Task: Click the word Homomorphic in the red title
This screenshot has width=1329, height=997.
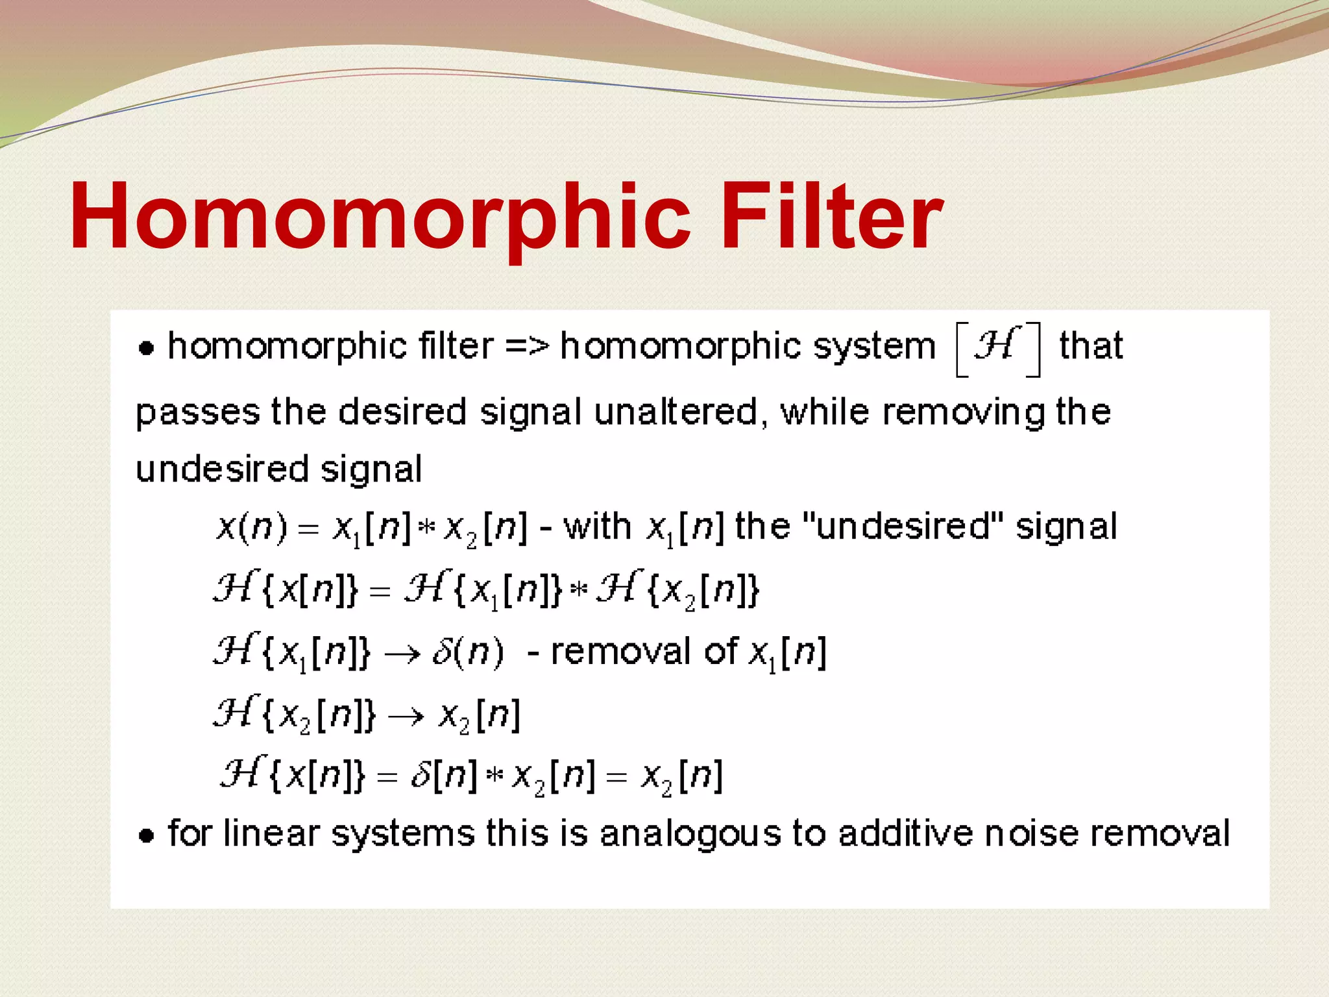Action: click(380, 217)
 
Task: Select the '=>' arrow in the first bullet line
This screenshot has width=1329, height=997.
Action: click(526, 345)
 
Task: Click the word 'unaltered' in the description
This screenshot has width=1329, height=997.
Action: click(676, 413)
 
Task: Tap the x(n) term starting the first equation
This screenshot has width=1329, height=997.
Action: click(251, 527)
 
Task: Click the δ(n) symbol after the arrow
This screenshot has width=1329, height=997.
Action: click(467, 652)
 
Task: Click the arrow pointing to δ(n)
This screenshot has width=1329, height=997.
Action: click(402, 654)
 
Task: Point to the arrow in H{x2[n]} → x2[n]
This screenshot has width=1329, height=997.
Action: click(406, 717)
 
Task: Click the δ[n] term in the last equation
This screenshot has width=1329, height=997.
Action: click(444, 776)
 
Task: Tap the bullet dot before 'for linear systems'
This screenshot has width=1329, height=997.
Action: click(147, 835)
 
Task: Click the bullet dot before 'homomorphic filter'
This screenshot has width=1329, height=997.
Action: click(147, 349)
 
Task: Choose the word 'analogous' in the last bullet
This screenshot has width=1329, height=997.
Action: click(690, 834)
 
